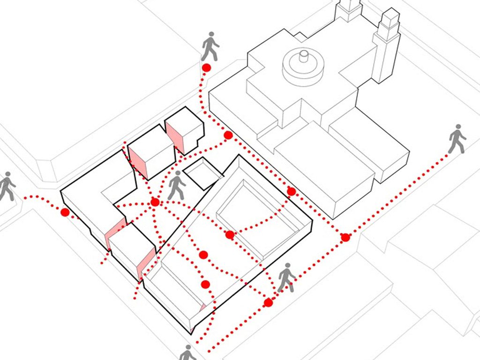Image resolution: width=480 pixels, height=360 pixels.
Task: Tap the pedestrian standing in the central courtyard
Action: coord(177,185)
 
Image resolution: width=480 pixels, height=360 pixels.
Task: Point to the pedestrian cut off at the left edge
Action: coord(7,186)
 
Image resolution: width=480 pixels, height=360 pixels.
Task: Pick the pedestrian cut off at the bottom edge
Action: coord(188,352)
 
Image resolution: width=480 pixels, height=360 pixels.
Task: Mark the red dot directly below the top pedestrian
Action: coord(206,68)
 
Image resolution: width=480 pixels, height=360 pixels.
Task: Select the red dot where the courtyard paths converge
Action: coord(155,202)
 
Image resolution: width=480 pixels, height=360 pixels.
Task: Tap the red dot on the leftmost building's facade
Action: coord(65,213)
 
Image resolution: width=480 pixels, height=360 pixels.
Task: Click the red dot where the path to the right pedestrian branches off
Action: coord(345,237)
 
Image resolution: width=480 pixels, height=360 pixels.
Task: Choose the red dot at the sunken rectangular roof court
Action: coord(230,234)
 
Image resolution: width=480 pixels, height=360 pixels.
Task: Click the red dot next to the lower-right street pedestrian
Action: coord(268,303)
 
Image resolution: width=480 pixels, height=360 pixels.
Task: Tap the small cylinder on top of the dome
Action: coord(304,57)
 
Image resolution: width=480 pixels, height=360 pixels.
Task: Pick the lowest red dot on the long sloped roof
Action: coord(205,284)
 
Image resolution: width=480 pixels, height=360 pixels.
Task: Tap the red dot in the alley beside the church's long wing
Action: coord(291,191)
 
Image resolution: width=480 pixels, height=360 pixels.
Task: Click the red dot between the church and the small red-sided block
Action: coord(228,135)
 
